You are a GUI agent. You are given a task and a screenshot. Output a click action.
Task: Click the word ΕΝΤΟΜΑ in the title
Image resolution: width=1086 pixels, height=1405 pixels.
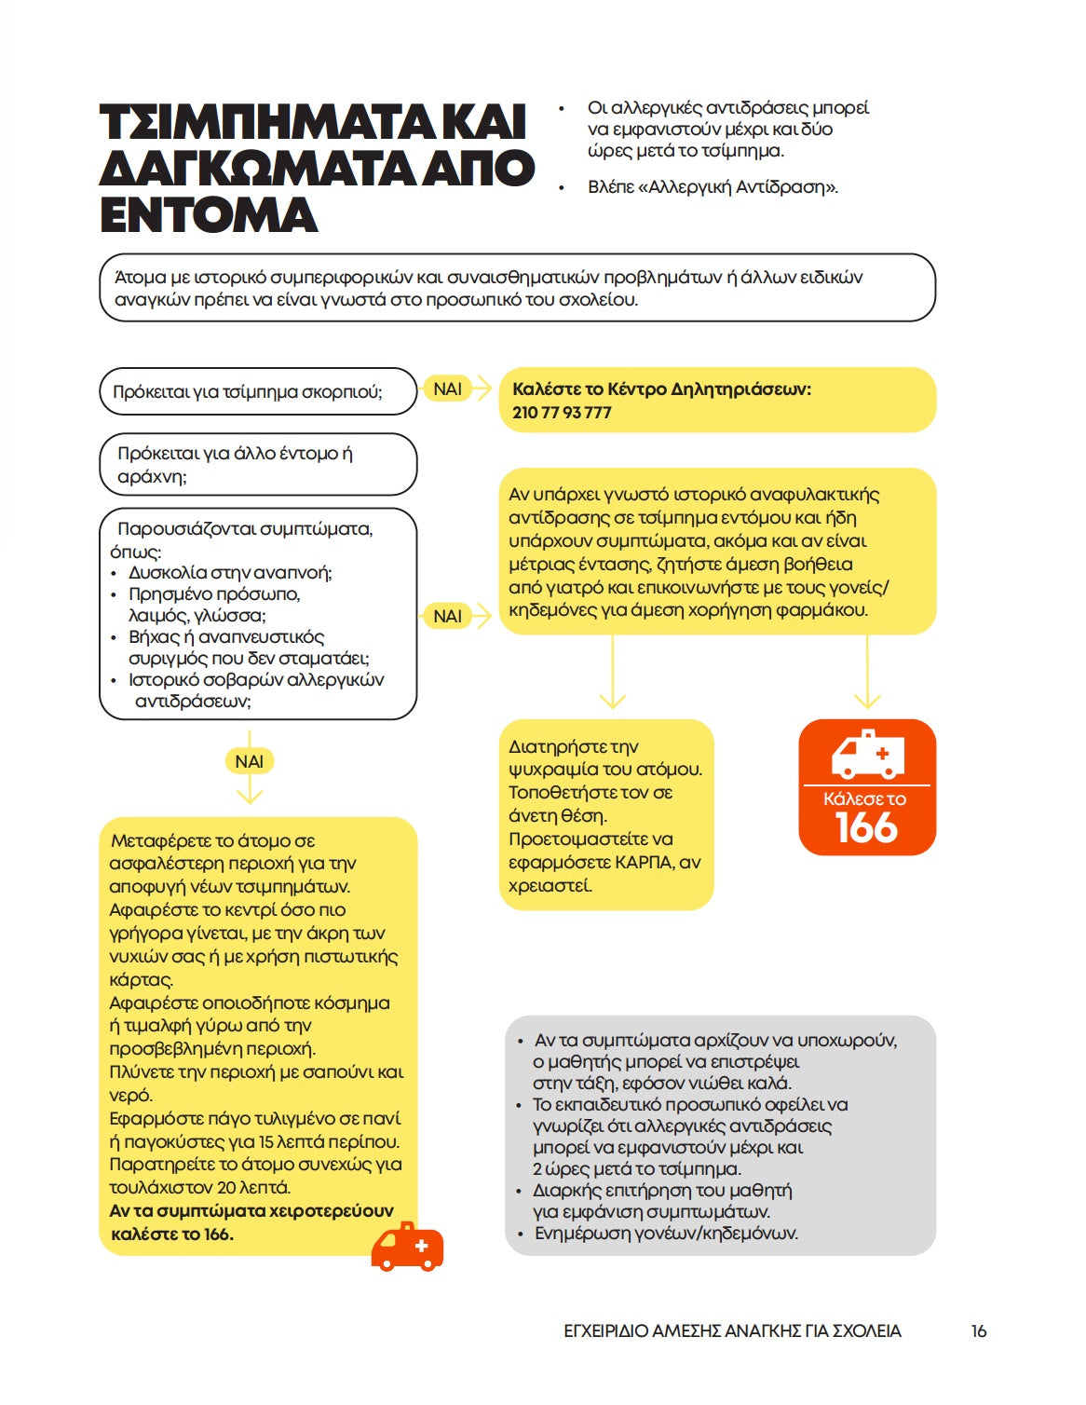point(209,214)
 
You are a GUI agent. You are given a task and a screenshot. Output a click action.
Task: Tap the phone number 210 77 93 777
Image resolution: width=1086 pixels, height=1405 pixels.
point(562,413)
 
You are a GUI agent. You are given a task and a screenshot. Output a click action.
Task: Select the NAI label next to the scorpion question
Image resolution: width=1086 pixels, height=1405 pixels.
point(448,389)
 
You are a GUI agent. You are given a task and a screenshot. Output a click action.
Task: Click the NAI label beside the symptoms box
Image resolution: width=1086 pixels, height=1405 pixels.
point(448,616)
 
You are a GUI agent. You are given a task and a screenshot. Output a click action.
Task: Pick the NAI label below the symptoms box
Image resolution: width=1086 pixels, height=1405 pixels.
point(249,761)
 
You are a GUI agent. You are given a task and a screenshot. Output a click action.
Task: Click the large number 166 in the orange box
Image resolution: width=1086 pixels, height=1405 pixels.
point(866,828)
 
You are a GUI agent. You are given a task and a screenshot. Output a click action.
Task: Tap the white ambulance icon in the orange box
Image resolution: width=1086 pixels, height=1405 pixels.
point(867,754)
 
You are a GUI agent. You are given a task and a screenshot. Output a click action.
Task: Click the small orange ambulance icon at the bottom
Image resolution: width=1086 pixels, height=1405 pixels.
point(407,1248)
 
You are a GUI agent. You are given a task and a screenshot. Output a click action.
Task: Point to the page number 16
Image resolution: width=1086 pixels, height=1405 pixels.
point(978,1331)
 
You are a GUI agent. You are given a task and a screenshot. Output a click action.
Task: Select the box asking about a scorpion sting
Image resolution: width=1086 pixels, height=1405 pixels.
point(257,391)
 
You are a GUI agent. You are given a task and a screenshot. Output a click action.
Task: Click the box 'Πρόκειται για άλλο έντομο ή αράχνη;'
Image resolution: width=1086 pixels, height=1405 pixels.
point(257,464)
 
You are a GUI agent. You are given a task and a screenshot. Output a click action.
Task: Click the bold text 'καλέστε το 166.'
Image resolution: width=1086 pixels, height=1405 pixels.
point(172,1234)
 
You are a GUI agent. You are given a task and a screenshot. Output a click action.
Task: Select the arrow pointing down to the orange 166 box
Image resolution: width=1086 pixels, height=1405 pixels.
point(867,675)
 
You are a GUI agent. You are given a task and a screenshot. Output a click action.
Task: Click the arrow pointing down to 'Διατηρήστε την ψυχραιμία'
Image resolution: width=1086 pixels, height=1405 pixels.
point(612,675)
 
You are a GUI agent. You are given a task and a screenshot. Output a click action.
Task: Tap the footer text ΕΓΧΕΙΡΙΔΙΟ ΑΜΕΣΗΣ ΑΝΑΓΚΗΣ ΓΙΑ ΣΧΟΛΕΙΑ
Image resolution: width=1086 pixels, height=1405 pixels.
point(732,1331)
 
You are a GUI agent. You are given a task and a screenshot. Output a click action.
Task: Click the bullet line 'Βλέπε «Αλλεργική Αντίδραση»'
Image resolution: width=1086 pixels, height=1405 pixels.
point(713,187)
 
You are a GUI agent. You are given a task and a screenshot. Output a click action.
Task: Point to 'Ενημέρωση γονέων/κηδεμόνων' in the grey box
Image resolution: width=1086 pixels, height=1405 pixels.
point(666,1234)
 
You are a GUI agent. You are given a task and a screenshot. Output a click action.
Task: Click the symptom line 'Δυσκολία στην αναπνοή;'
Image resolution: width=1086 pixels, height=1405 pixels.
point(230,572)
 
